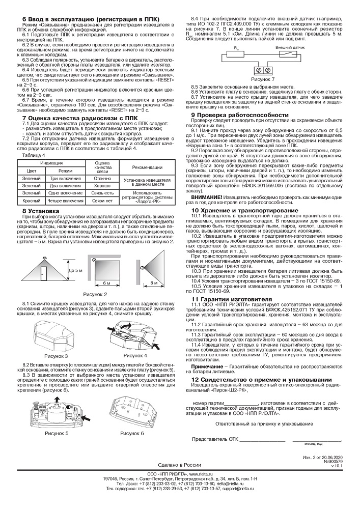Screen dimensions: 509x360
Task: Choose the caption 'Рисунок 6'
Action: click(x=132, y=433)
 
